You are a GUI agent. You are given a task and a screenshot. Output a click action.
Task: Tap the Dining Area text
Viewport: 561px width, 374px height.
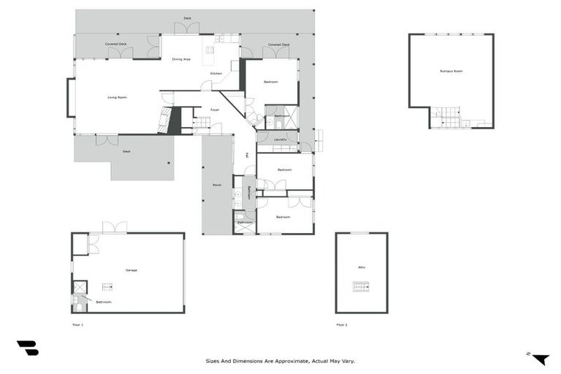click(182, 59)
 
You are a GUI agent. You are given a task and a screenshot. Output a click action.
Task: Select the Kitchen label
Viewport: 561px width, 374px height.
click(216, 74)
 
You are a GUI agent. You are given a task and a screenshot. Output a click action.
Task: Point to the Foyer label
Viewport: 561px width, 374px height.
click(215, 110)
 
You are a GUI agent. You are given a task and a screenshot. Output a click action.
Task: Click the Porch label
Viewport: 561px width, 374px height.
click(217, 185)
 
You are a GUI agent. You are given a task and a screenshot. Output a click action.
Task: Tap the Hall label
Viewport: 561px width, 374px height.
click(248, 155)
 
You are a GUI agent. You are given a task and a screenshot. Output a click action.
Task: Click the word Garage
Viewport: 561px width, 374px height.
click(131, 270)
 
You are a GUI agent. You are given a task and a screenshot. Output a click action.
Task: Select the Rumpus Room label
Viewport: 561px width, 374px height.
click(451, 71)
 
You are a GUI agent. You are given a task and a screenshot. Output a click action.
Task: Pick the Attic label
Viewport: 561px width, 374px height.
click(362, 267)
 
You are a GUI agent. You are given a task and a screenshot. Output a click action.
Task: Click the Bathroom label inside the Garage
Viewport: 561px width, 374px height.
click(104, 302)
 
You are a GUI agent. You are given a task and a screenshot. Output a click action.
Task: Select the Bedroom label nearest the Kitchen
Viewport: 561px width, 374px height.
click(270, 82)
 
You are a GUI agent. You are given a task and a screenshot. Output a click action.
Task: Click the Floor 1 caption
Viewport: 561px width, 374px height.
click(77, 324)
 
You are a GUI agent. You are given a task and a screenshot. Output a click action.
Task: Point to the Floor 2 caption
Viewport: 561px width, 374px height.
click(341, 324)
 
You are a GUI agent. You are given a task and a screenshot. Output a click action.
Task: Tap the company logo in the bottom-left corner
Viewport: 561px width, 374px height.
click(27, 348)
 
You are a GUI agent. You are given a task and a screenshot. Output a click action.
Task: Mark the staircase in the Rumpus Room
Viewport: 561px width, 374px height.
click(446, 117)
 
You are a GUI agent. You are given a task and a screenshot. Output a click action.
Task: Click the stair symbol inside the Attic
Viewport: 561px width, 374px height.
click(361, 286)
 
